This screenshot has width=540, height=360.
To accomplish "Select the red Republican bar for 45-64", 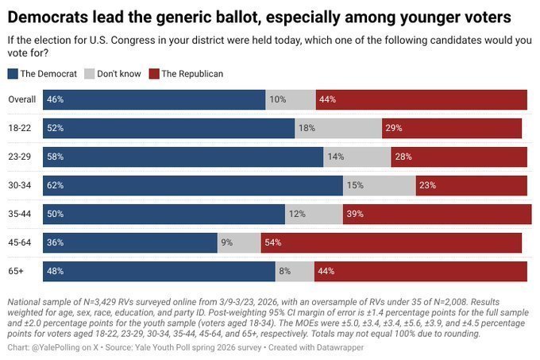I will tap(391, 242).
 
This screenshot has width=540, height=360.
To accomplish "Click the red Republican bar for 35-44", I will tap(437, 214).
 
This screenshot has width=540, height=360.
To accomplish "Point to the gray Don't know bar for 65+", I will tap(295, 271).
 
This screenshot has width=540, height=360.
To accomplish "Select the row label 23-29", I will tap(19, 157).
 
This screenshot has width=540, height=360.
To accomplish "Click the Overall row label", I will tap(21, 99).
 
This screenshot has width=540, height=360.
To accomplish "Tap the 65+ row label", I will tap(17, 271).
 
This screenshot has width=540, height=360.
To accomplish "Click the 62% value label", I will tap(55, 185).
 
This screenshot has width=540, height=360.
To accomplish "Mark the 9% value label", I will tap(226, 242).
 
